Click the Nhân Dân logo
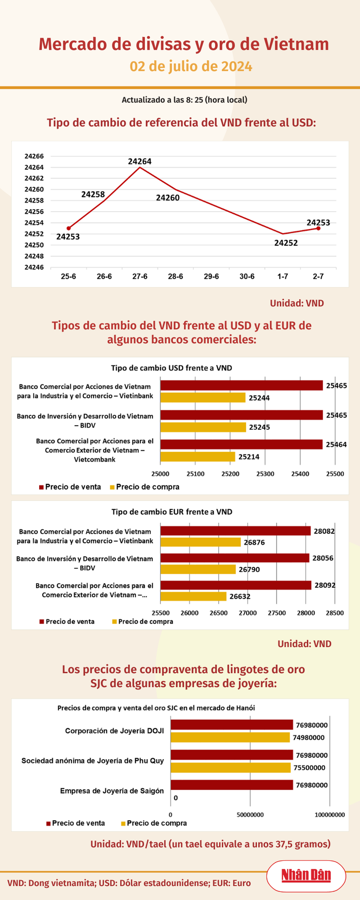306,875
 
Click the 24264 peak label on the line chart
139,161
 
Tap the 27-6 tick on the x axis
139,277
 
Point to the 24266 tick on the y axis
34,156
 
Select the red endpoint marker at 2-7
318,228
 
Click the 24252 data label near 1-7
286,243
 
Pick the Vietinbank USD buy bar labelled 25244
203,397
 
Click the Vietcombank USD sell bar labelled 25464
242,445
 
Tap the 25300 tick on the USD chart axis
265,474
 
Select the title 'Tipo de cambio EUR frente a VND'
172,512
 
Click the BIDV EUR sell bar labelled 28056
235,558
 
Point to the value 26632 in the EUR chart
240,596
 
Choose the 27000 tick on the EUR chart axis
247,613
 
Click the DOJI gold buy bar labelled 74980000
230,737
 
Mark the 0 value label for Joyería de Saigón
176,797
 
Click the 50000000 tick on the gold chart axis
250,815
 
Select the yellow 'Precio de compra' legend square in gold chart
123,823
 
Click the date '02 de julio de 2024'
191,67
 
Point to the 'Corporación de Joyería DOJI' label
114,731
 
